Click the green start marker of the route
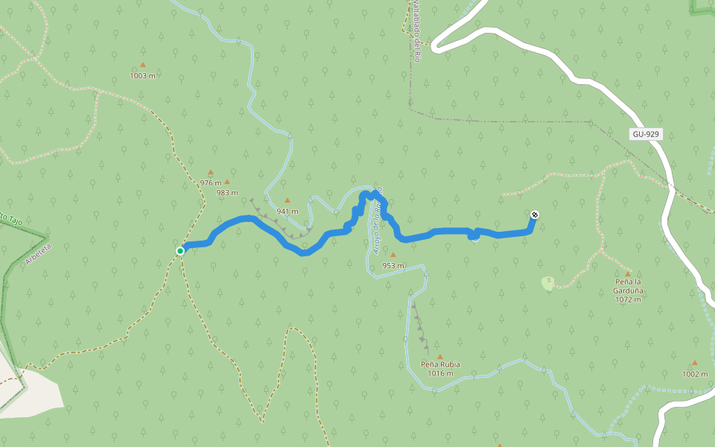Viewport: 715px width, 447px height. (x=180, y=251)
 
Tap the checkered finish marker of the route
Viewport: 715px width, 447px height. (x=535, y=215)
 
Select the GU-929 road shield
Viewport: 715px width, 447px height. (x=645, y=134)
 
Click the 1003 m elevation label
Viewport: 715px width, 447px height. (x=142, y=75)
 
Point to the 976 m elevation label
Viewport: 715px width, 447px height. (x=211, y=183)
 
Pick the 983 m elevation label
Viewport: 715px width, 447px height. (x=227, y=192)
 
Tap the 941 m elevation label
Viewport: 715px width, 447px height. (x=287, y=211)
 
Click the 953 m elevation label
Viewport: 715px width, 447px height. (x=393, y=265)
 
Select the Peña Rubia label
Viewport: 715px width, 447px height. (x=440, y=364)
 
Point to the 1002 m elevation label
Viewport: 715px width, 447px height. (x=695, y=374)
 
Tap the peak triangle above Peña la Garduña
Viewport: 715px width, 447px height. (x=628, y=273)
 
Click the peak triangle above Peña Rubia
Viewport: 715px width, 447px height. (x=439, y=356)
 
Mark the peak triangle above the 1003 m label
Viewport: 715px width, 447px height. (x=143, y=65)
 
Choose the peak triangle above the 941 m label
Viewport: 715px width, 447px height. (x=287, y=200)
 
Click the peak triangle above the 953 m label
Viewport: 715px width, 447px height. (x=393, y=255)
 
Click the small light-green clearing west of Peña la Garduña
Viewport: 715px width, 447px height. (x=548, y=283)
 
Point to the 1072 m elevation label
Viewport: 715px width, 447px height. (x=628, y=299)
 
